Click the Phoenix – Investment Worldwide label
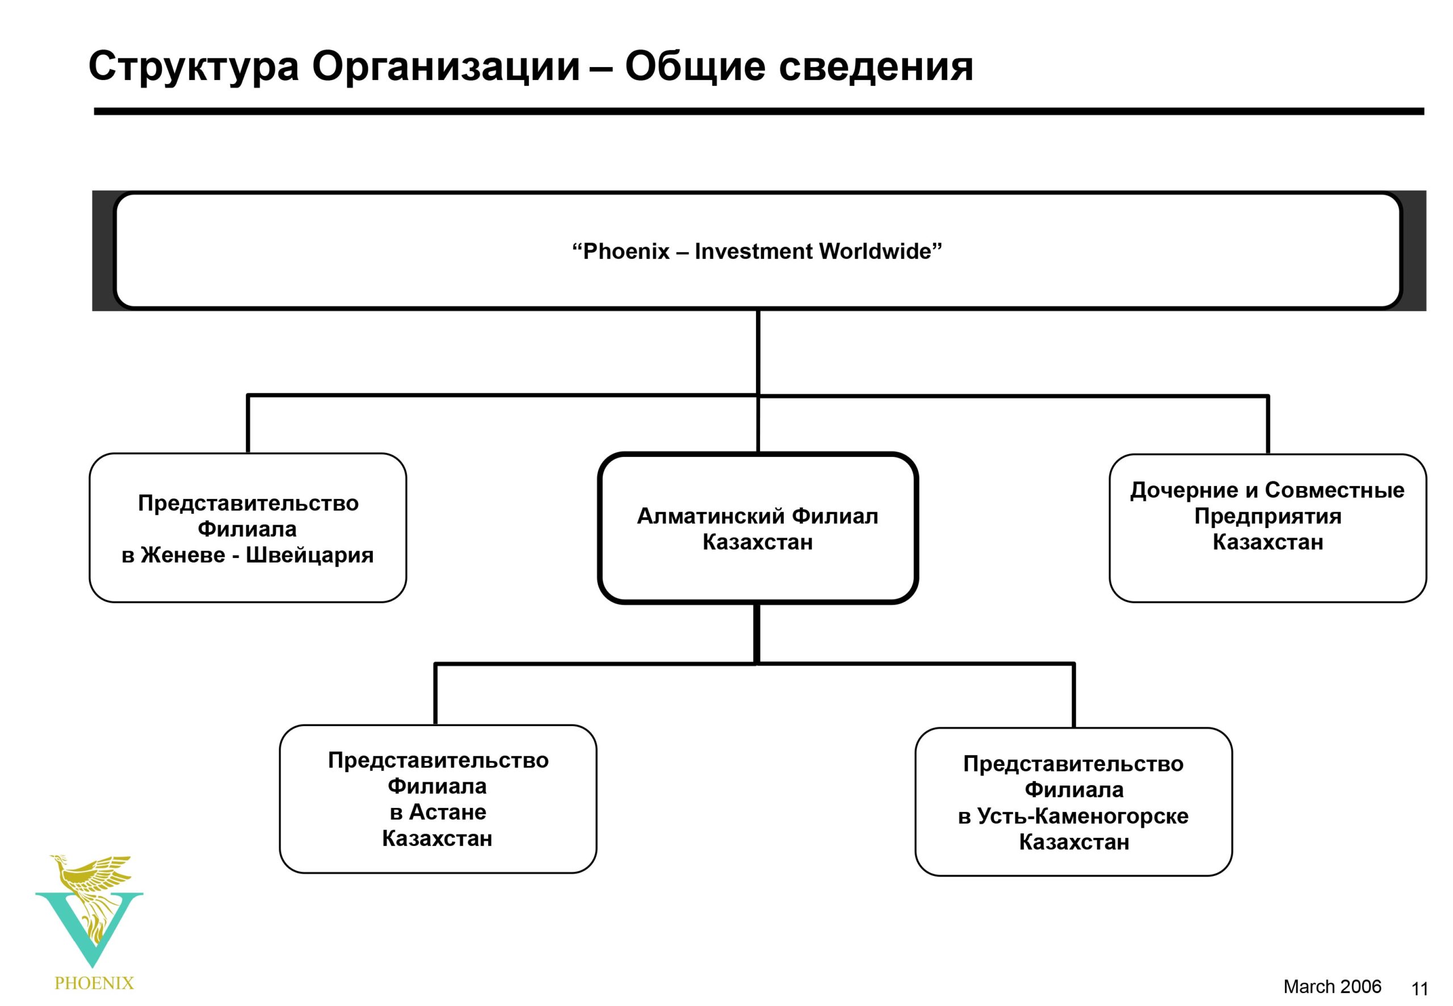[757, 251]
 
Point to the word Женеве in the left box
[183, 555]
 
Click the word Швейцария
[309, 555]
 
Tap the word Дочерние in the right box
[1184, 491]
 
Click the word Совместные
[1334, 490]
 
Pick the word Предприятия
[1268, 516]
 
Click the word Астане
[447, 812]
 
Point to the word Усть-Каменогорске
[1082, 816]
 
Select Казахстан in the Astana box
[436, 838]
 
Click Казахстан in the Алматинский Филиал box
[757, 542]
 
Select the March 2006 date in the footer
[1332, 986]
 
